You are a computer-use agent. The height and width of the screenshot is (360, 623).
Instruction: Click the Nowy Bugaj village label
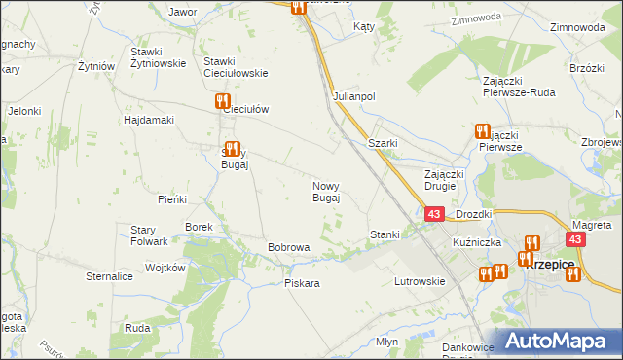pos(325,192)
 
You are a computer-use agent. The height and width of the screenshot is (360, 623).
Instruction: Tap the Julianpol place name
pos(354,97)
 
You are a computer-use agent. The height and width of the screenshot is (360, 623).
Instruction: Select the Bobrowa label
pos(288,247)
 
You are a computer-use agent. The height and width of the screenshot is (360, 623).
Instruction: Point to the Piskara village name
pos(302,283)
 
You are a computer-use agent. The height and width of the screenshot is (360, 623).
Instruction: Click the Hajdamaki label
pos(148,120)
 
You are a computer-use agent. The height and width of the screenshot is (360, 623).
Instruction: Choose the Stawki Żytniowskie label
pos(160,57)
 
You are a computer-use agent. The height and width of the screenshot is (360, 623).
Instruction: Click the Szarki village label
pos(382,143)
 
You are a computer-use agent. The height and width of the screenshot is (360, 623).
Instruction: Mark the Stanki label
pos(385,234)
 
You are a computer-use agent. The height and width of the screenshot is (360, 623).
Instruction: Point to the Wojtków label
pos(165,267)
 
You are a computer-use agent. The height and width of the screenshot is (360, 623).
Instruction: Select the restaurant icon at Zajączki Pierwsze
pos(482,130)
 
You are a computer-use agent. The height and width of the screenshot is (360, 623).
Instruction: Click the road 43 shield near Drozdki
pos(435,213)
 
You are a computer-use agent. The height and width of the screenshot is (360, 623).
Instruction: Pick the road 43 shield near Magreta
pos(576,239)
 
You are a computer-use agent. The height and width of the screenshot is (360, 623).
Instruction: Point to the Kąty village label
pos(365,27)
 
